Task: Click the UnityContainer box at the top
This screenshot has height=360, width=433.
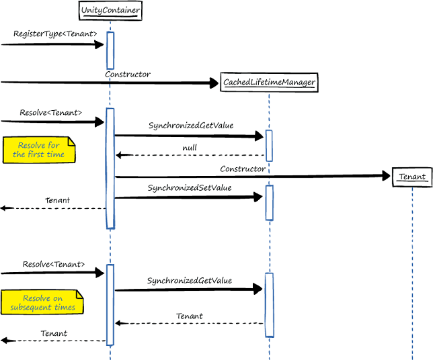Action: tap(110, 11)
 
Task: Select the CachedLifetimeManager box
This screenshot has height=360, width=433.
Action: tap(269, 83)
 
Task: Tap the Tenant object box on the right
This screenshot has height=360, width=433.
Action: tap(411, 177)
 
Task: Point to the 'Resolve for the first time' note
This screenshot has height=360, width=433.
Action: tap(39, 150)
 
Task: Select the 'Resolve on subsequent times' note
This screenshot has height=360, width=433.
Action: tap(41, 303)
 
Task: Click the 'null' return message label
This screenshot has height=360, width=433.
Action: tap(190, 148)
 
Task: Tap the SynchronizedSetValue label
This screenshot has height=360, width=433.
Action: tap(190, 188)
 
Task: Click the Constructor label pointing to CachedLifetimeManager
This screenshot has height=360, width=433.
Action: tap(128, 74)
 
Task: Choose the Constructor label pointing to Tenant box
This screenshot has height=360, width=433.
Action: tap(243, 169)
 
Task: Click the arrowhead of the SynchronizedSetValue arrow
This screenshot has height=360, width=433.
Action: tap(258, 197)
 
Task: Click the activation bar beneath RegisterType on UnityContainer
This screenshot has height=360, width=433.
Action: tap(110, 50)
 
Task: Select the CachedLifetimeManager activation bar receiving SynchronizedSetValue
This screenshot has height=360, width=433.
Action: tap(269, 202)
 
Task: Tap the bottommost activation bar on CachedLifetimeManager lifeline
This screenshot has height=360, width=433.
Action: tap(269, 304)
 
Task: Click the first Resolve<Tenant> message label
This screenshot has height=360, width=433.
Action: tap(50, 113)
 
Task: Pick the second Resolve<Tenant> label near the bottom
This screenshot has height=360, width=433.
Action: tap(54, 264)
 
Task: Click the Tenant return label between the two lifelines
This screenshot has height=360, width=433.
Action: tap(190, 316)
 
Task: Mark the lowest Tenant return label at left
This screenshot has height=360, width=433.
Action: tap(54, 333)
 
